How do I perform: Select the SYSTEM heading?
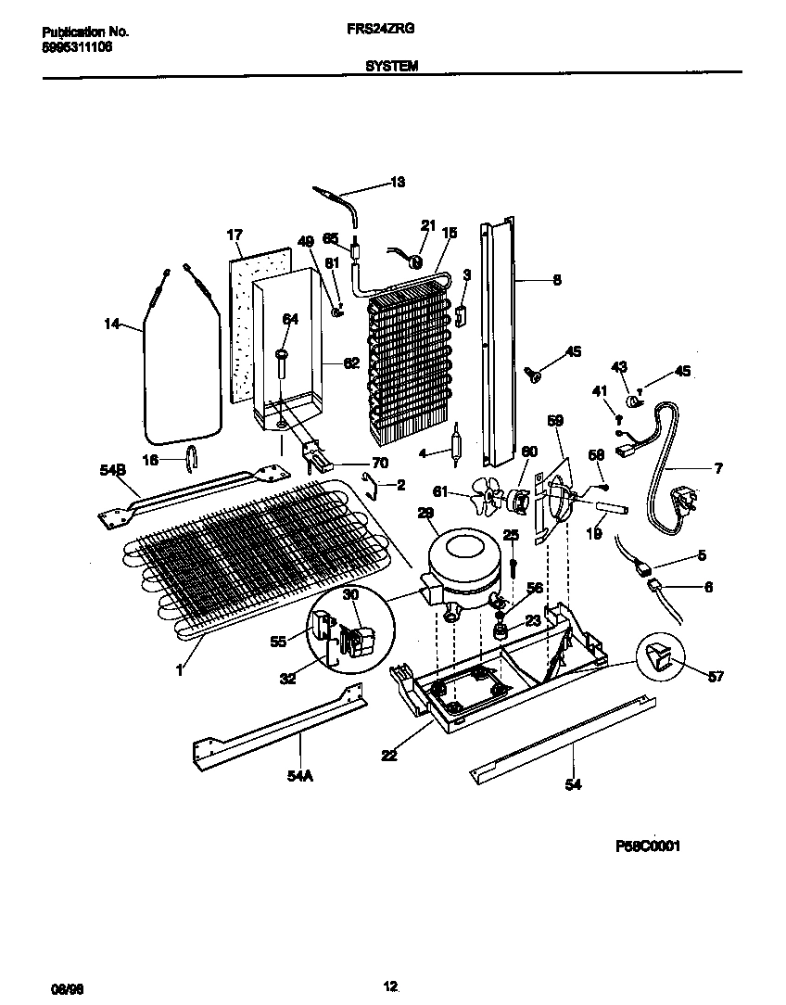(391, 66)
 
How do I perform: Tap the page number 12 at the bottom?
(391, 960)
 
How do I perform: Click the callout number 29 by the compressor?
(425, 513)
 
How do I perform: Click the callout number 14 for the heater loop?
(111, 324)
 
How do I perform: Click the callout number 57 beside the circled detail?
(715, 676)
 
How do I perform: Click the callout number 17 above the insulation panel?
(234, 235)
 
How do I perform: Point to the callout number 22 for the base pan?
(388, 755)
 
